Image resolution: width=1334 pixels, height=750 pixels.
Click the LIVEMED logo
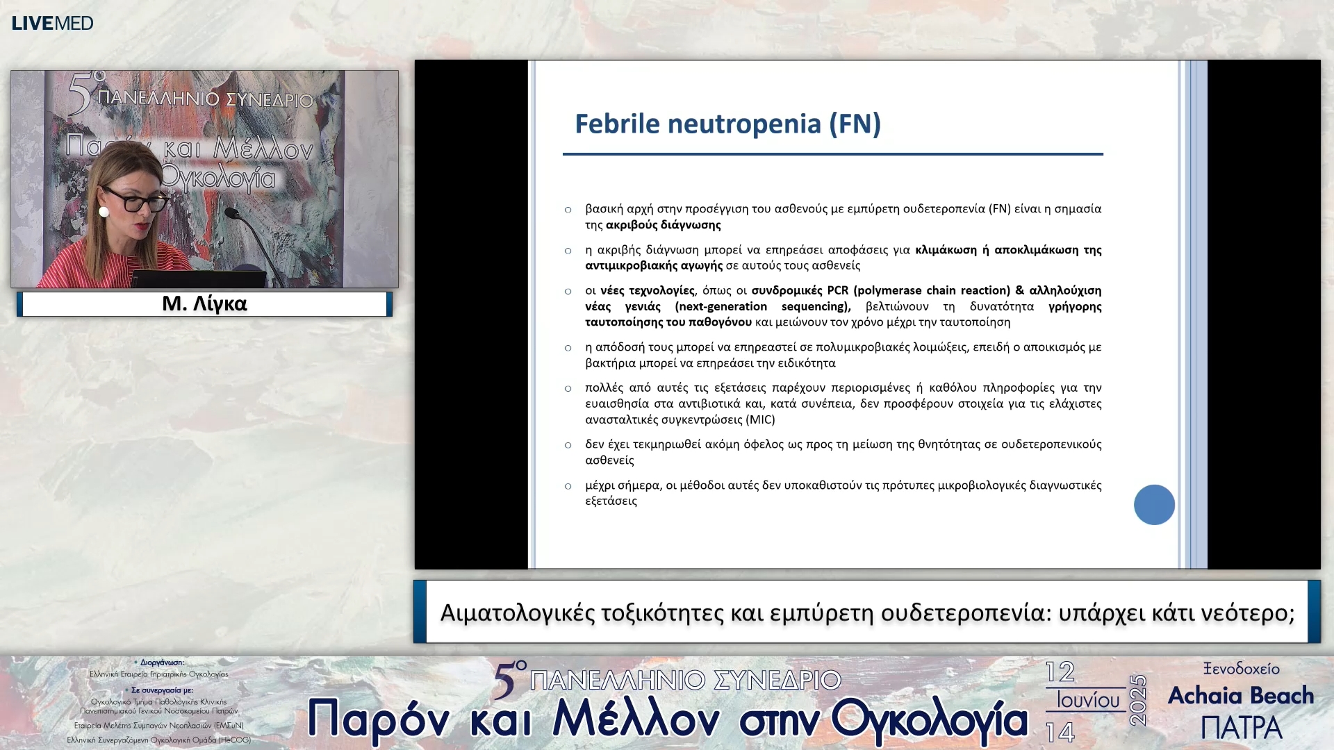[52, 23]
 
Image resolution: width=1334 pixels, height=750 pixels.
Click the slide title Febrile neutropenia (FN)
[727, 124]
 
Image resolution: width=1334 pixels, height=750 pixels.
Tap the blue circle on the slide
[1154, 505]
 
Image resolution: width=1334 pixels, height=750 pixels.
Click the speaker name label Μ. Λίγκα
[204, 304]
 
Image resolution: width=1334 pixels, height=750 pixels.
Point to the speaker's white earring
[104, 212]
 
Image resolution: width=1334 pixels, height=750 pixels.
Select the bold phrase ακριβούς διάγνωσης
[663, 225]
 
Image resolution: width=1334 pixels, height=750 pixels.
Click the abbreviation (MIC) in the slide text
[760, 419]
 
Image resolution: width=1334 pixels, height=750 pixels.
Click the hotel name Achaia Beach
[1241, 695]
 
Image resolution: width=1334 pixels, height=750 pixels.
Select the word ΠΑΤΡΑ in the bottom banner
[1241, 728]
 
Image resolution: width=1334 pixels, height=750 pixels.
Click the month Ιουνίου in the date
[1088, 700]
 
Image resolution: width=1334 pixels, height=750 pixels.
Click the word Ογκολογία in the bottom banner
[929, 719]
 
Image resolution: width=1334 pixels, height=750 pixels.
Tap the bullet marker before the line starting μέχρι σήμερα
[568, 486]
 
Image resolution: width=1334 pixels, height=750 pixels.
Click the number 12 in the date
[1060, 672]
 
